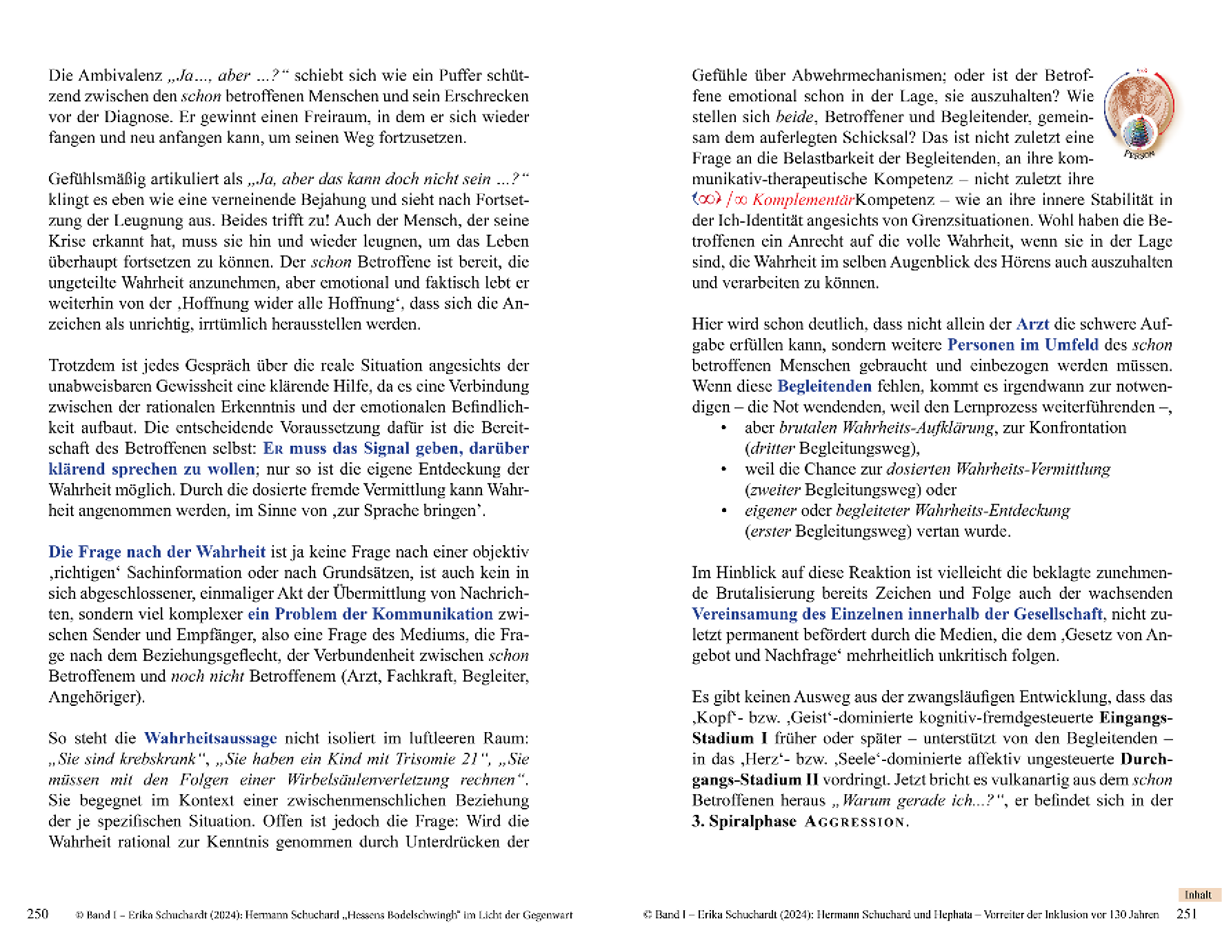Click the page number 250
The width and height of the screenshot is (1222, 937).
point(37,914)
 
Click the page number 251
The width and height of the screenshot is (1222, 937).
point(1186,914)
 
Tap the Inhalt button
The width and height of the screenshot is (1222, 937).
point(1198,895)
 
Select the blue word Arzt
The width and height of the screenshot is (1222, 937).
point(1032,324)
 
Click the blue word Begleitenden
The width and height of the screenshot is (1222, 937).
point(824,386)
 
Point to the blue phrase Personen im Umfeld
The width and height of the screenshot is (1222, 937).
point(1022,345)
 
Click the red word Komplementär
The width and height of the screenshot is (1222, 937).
point(803,200)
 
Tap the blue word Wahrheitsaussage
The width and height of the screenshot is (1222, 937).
point(210,738)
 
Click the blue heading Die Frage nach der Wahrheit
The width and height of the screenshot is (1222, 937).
point(157,552)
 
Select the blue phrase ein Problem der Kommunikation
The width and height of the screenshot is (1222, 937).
point(370,614)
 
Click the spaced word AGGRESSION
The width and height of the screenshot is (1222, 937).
point(856,822)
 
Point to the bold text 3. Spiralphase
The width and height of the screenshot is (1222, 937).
point(743,821)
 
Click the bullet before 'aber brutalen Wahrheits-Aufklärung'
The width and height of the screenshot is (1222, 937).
point(723,428)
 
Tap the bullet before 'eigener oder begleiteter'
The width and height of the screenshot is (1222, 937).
point(723,511)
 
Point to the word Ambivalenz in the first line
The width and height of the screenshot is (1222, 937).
point(120,75)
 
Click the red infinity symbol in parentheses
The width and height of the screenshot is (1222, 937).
point(707,199)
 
